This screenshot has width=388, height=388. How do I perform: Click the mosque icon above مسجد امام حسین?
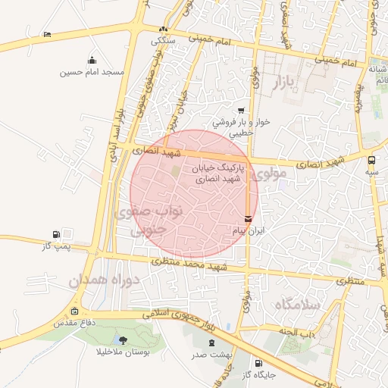[92, 61]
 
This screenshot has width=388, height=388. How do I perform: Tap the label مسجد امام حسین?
[92, 73]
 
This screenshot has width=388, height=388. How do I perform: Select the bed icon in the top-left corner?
[47, 34]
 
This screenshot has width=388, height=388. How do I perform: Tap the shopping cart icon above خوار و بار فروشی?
[241, 110]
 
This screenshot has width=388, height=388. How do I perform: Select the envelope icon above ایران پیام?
[249, 219]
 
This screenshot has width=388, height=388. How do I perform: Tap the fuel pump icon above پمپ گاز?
[56, 234]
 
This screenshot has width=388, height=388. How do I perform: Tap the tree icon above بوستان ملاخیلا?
[124, 340]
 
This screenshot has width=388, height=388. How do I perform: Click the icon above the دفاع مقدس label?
[74, 311]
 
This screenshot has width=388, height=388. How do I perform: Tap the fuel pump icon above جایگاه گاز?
[259, 363]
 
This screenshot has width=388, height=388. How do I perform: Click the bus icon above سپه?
[371, 160]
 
